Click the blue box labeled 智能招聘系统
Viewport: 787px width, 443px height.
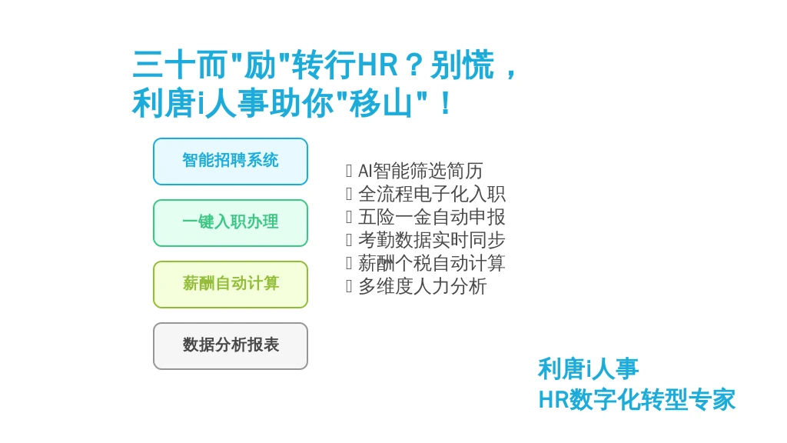pyautogui.click(x=231, y=162)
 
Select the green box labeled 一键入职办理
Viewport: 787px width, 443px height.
pyautogui.click(x=231, y=223)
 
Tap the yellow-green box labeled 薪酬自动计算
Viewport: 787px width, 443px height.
pyautogui.click(x=231, y=285)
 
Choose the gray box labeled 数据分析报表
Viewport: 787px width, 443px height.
pyautogui.click(x=231, y=346)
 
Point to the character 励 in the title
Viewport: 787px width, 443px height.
pyautogui.click(x=260, y=65)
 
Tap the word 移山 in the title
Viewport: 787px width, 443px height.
pyautogui.click(x=381, y=104)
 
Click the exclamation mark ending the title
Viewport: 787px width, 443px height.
pyautogui.click(x=445, y=104)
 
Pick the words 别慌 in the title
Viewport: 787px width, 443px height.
pyautogui.click(x=462, y=65)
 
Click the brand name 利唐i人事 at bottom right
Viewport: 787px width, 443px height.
pyautogui.click(x=588, y=369)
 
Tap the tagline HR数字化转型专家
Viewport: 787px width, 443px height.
pyautogui.click(x=636, y=400)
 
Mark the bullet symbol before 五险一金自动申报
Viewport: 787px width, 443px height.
pyautogui.click(x=349, y=217)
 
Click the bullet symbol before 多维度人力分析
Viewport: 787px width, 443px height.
pyautogui.click(x=349, y=286)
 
